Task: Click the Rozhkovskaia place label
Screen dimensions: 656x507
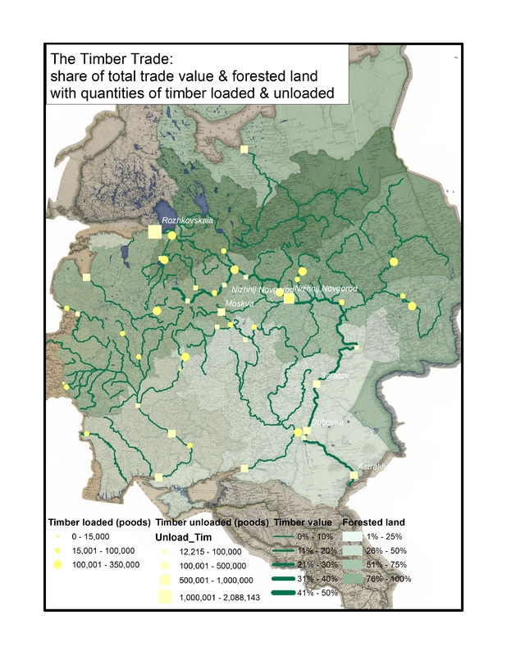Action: (x=188, y=221)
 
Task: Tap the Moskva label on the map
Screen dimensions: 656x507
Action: (x=240, y=303)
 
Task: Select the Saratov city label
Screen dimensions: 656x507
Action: (x=332, y=375)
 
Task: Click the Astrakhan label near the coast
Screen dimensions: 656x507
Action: (x=371, y=466)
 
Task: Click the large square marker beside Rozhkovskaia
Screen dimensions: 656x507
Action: (x=154, y=232)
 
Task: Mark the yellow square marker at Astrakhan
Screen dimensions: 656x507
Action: (x=354, y=474)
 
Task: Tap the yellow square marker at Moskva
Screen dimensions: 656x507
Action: (x=221, y=312)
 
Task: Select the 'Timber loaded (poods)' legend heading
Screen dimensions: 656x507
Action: (x=99, y=522)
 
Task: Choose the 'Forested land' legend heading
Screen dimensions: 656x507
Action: (x=373, y=522)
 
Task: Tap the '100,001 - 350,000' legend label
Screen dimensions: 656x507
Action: (x=105, y=564)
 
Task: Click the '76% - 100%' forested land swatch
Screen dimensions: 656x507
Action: (x=352, y=579)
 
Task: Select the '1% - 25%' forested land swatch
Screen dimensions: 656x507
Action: (x=352, y=535)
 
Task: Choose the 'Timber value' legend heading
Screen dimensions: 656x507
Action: (x=303, y=522)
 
